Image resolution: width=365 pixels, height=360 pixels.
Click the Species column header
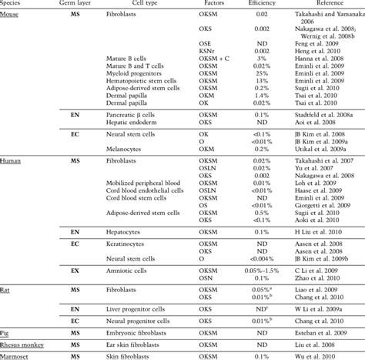click(14, 3)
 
